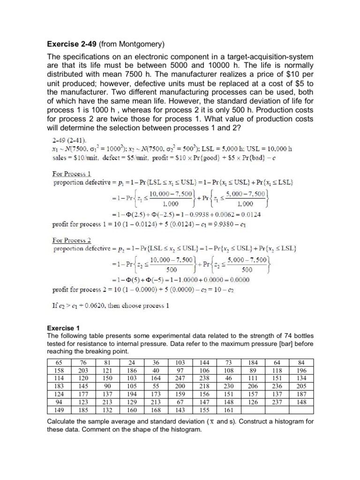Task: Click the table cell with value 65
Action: pyautogui.click(x=59, y=363)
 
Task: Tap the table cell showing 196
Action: pyautogui.click(x=301, y=371)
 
